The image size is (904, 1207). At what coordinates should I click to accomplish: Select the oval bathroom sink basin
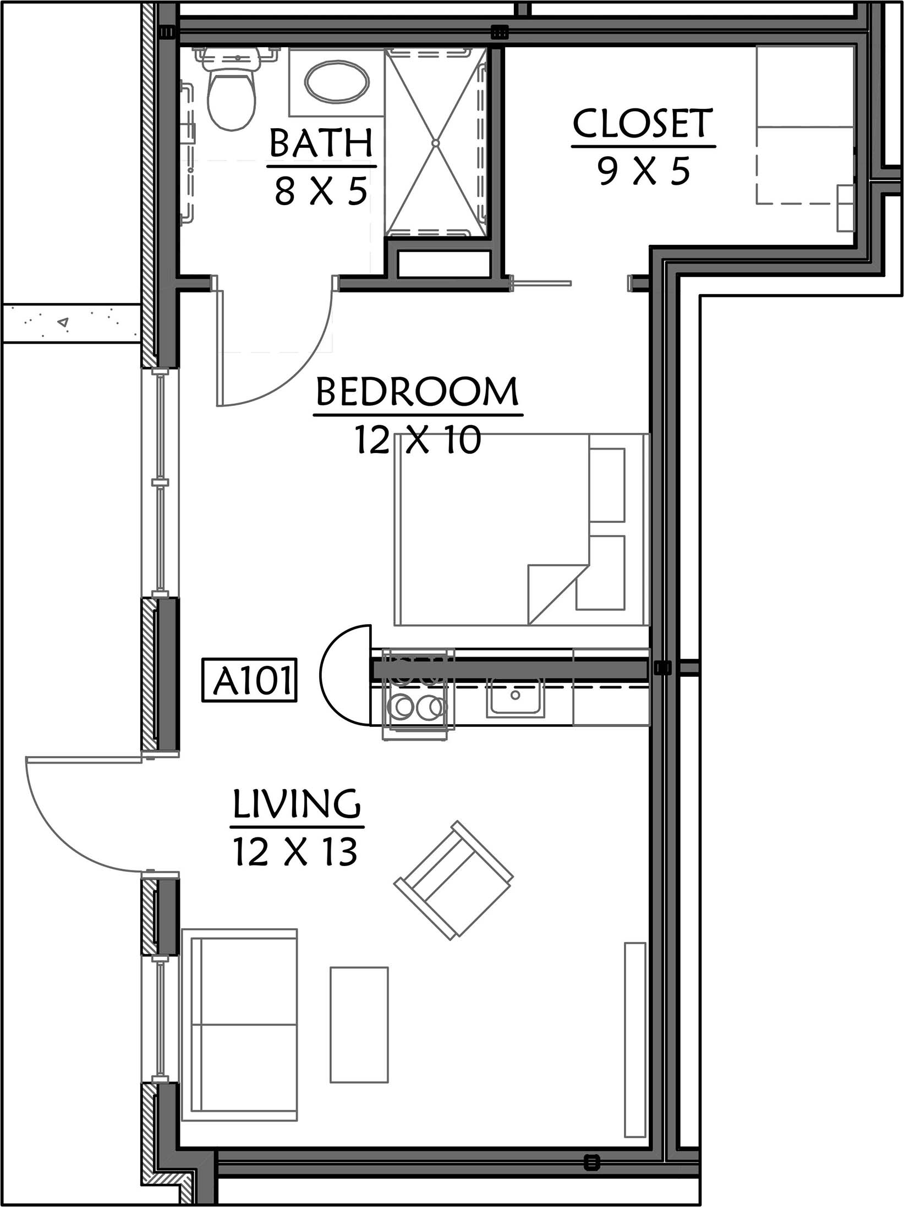click(x=336, y=81)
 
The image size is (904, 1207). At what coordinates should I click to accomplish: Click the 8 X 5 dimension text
click(x=321, y=191)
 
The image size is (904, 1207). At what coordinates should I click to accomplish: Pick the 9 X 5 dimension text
click(x=643, y=170)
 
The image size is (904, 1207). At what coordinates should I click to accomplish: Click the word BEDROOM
click(x=417, y=392)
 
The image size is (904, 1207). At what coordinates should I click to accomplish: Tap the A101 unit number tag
click(x=249, y=680)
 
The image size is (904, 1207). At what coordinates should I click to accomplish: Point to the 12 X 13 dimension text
click(x=296, y=852)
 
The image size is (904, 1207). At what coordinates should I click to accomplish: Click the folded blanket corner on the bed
click(x=552, y=593)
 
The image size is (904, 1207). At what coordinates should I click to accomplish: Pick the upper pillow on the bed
click(x=607, y=484)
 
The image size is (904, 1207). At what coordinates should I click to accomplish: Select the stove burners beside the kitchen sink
click(x=418, y=707)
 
